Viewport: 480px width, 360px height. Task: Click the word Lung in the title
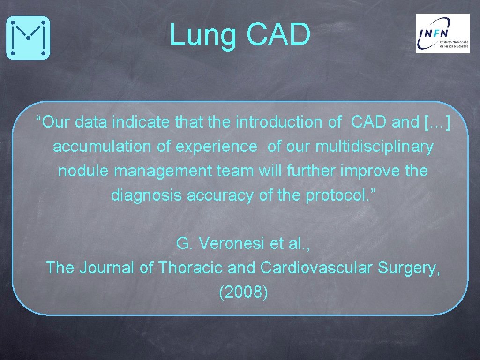202,35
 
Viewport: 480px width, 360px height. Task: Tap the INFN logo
442,33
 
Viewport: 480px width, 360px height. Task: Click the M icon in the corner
28,37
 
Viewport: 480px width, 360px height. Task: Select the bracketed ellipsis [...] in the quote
437,123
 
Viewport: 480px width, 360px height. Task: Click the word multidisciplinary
374,147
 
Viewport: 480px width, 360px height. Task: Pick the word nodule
83,171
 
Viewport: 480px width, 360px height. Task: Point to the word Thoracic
190,268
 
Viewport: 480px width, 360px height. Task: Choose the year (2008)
243,292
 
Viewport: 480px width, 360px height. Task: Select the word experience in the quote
216,147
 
